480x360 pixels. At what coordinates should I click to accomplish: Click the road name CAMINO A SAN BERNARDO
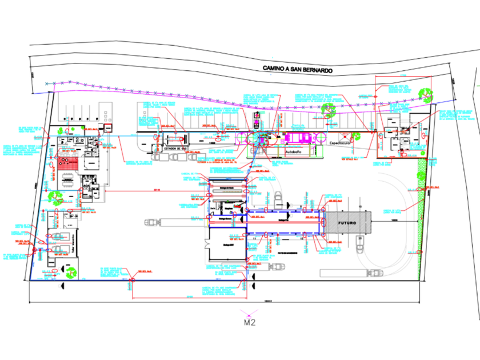tap(297, 68)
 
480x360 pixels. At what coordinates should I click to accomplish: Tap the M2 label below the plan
tap(249, 322)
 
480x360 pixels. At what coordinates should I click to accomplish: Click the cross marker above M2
tap(249, 312)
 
